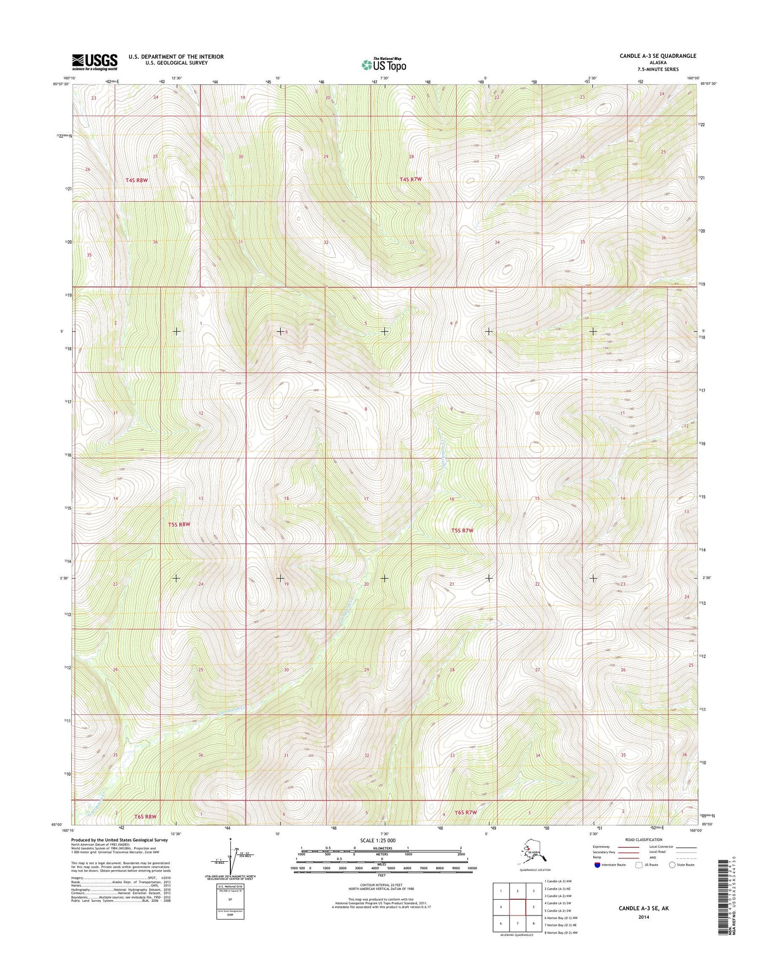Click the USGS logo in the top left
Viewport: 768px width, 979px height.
[x=95, y=62]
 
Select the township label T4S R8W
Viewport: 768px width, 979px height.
[x=137, y=180]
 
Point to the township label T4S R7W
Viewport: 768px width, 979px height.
[x=411, y=179]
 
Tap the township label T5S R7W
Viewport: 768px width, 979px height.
[x=462, y=531]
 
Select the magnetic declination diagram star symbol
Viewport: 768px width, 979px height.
[x=230, y=840]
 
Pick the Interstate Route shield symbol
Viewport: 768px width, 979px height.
[x=597, y=865]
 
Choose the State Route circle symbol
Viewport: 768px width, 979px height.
[x=672, y=865]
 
